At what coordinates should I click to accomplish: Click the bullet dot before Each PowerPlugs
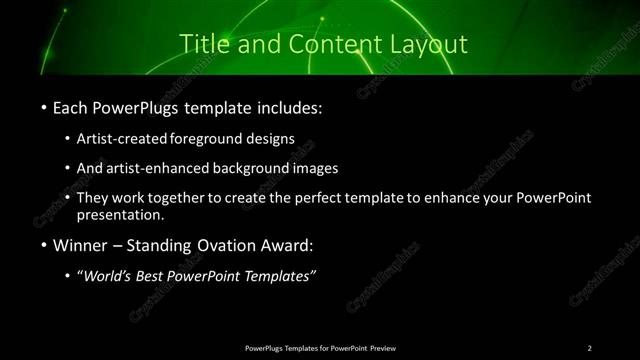(45, 106)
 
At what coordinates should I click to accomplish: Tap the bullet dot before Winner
(45, 245)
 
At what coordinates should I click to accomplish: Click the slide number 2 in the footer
(590, 347)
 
